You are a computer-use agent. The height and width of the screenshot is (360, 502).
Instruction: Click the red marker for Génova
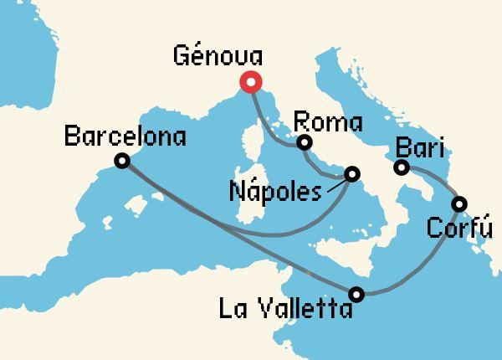pos(250,82)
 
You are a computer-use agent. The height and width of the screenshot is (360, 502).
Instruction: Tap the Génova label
pos(217,56)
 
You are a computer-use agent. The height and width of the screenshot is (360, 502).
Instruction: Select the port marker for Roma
pos(305,142)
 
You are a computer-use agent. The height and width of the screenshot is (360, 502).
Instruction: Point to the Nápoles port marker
pos(351,174)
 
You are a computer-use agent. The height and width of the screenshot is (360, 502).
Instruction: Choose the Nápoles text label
pos(274,192)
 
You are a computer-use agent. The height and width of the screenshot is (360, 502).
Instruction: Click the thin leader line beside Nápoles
pos(336,184)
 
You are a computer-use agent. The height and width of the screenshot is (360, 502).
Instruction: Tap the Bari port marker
pos(402,167)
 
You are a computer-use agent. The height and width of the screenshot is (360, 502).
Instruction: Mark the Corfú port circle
pos(459,203)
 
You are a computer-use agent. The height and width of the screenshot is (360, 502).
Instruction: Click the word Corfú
pos(458,227)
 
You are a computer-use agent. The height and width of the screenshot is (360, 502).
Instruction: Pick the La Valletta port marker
pos(357,294)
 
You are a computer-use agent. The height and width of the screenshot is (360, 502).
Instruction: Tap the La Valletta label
pos(285,309)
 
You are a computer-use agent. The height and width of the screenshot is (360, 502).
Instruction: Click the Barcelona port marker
pos(122,162)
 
